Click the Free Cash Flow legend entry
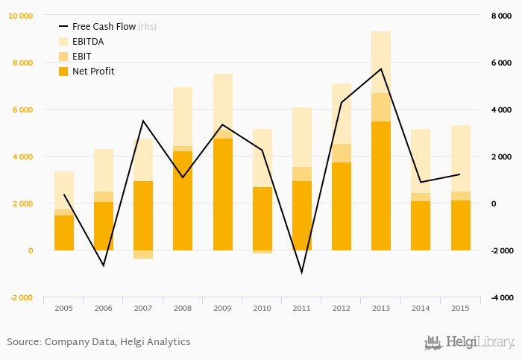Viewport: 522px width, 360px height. [104, 26]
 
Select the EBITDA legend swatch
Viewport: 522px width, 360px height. [63, 41]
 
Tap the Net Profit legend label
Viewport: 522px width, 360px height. [93, 71]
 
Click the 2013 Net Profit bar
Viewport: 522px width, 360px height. [380, 186]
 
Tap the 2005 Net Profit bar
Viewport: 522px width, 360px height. [64, 233]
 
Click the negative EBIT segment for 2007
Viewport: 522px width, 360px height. [143, 254]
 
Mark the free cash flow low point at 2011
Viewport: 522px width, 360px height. [301, 272]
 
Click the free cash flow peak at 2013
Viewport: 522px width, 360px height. [381, 69]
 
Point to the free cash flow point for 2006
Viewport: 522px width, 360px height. [104, 265]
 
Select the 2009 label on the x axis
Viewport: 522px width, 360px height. [222, 307]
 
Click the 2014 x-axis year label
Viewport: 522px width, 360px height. [420, 307]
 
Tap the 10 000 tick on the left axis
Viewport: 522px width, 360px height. [20, 16]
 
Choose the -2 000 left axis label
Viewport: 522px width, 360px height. [20, 297]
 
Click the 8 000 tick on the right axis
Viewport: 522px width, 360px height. [500, 16]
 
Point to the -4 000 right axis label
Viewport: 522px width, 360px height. [500, 297]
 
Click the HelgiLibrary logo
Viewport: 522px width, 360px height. [469, 342]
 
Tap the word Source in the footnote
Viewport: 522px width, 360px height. [23, 341]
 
